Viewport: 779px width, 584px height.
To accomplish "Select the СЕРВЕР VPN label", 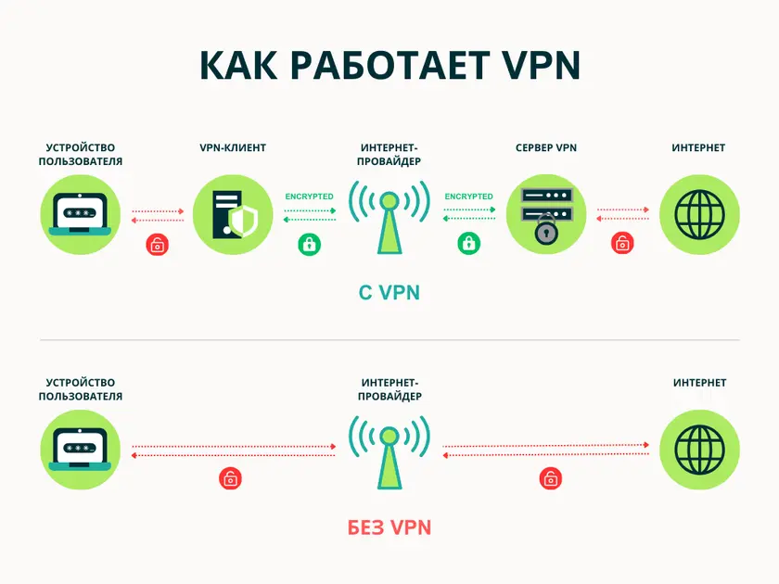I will tap(547, 148).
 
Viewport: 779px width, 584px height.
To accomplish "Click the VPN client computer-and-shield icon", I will tap(232, 216).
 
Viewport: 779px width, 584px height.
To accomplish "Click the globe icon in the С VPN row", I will tap(699, 215).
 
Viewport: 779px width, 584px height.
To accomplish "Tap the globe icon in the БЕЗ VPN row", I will tap(699, 450).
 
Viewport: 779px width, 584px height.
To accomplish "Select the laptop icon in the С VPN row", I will tap(81, 215).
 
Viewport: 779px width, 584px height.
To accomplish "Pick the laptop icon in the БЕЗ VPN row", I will tap(81, 450).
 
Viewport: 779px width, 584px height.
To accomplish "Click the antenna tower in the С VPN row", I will tap(389, 218).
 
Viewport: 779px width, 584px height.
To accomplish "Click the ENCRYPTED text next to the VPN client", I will tap(310, 197).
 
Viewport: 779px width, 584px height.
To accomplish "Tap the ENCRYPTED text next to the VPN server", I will tap(469, 197).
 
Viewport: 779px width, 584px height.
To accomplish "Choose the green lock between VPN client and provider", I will tap(309, 245).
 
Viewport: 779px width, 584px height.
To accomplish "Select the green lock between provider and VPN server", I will tap(469, 245).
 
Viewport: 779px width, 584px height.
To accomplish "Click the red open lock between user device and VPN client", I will tap(159, 245).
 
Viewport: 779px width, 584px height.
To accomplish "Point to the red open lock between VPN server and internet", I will tap(621, 245).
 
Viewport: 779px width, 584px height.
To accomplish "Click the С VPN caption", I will tap(389, 293).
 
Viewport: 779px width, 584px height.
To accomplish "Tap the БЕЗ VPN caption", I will tap(389, 527).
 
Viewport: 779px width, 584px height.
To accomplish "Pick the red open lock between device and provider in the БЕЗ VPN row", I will tap(229, 478).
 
